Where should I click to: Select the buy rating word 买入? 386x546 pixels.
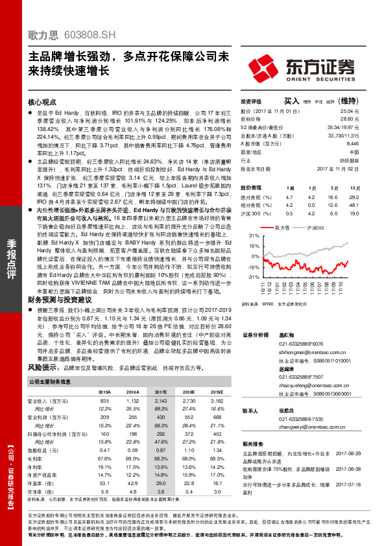point(291,101)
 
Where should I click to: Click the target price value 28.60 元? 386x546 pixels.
point(349,119)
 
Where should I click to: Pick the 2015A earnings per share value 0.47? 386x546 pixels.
point(104,450)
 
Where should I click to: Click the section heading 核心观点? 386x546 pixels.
point(42,102)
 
